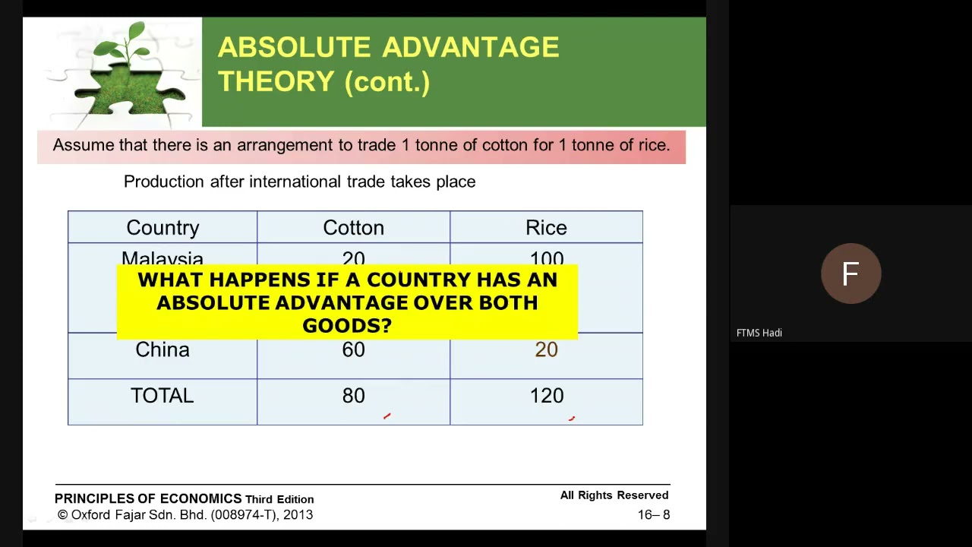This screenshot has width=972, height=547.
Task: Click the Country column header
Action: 163,228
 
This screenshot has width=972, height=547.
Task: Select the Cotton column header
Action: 353,228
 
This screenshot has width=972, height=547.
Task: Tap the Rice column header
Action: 546,228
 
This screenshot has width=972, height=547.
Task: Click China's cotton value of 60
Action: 353,349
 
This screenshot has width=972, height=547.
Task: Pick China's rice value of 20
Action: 546,349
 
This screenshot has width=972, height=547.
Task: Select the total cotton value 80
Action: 353,396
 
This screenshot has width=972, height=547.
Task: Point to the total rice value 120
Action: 546,396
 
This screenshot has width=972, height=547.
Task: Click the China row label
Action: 163,349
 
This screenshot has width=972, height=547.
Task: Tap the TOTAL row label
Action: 163,396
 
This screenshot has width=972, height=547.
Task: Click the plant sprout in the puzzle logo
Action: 129,46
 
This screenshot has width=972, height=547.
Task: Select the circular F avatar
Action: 850,273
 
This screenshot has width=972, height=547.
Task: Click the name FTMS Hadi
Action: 759,333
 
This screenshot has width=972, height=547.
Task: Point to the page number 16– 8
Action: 653,515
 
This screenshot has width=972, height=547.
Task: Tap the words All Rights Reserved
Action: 614,495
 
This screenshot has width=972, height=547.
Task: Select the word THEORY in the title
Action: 276,81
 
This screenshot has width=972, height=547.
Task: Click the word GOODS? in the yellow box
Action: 347,326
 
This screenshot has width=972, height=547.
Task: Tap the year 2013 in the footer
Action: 298,515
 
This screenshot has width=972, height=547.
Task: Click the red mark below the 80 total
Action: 387,416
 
